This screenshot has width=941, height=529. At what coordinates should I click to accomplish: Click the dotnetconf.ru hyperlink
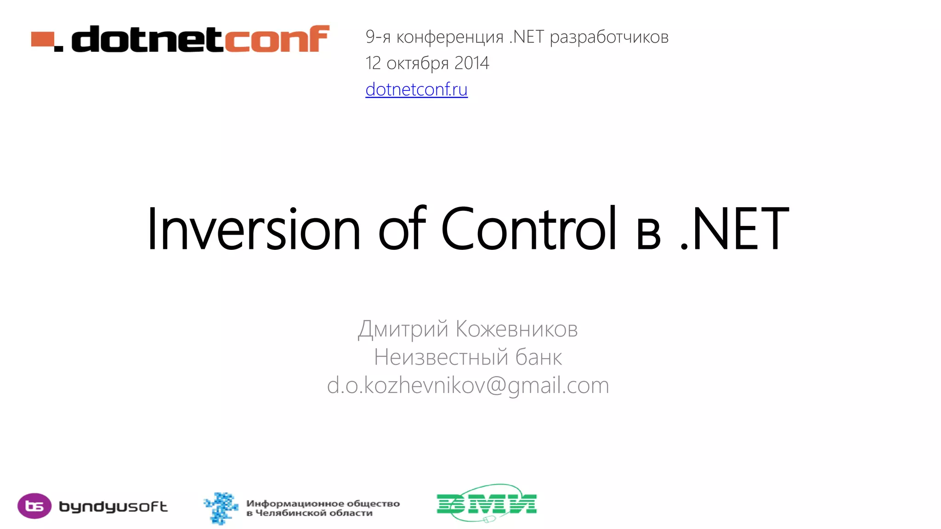point(416,90)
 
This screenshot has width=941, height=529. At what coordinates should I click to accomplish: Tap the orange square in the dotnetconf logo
point(42,39)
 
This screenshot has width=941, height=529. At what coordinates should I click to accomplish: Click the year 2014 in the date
point(471,63)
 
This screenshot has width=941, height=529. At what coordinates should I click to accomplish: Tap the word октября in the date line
point(417,63)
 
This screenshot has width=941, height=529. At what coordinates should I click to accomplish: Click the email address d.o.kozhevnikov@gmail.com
point(468,385)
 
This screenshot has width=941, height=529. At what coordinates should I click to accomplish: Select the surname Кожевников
point(516,329)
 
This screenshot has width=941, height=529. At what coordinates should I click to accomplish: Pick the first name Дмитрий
point(403,329)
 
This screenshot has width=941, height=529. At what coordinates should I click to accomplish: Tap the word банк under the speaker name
point(538,357)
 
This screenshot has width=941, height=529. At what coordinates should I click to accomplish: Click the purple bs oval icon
point(34,506)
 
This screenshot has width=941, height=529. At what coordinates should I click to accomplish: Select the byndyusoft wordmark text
point(113,507)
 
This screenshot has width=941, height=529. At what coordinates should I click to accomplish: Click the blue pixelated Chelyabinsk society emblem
point(221,507)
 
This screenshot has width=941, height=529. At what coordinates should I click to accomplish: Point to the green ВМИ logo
point(487,503)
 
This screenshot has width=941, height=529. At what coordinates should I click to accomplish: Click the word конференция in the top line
point(450,37)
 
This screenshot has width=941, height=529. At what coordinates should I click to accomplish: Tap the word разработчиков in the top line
point(609,37)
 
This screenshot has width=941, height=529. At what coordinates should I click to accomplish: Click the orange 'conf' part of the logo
point(277,39)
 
